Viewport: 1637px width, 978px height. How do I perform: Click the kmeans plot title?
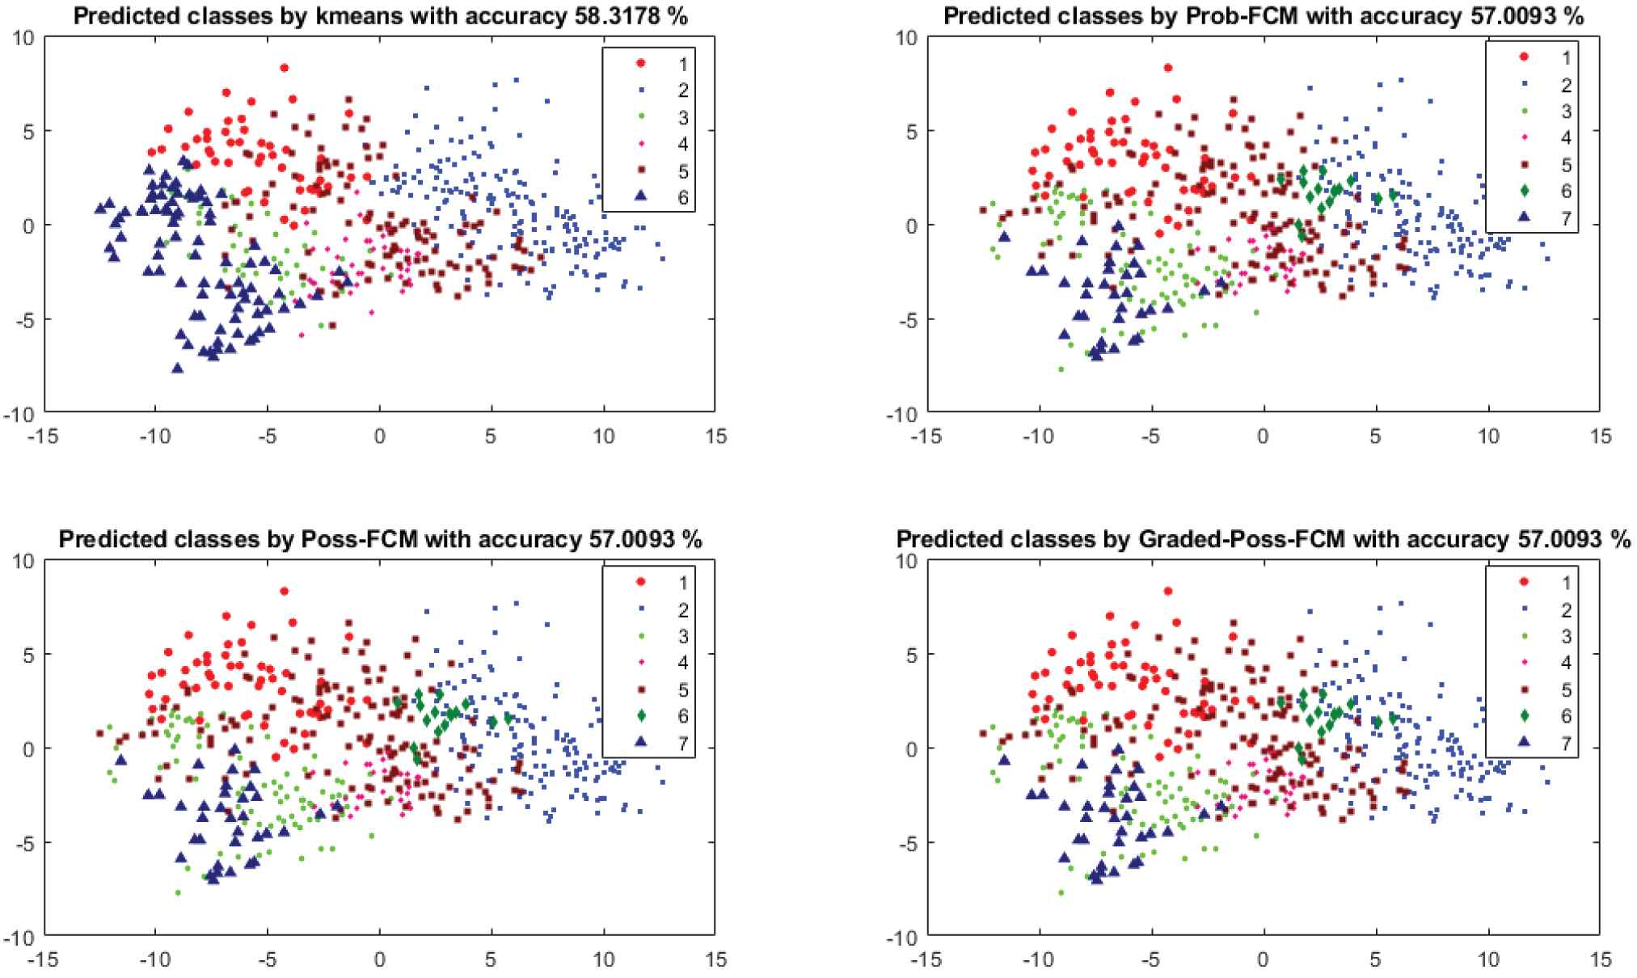[380, 15]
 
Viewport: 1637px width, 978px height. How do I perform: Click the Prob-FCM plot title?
[1264, 15]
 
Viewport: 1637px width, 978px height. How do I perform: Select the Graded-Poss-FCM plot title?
[1264, 539]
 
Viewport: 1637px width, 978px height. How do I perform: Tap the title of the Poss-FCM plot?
[380, 539]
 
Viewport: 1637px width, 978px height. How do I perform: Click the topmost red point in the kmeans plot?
[285, 68]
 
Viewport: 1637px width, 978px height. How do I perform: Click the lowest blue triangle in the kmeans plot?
[177, 368]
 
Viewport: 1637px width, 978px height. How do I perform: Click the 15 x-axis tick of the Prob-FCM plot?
[1600, 436]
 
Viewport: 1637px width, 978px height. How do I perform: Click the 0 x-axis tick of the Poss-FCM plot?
[379, 960]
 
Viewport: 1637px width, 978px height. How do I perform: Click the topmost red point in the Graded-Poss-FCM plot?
[1168, 592]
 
